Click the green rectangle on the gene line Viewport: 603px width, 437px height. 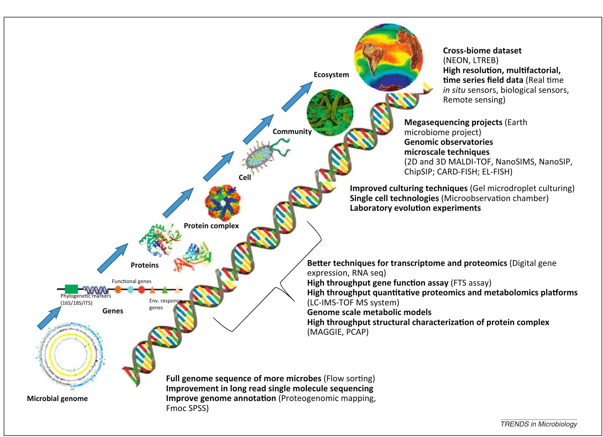point(71,289)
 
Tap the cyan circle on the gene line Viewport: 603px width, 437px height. point(130,290)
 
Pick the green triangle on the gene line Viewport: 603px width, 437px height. point(165,290)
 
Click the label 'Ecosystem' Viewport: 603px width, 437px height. point(331,75)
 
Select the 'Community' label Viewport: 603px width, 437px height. point(292,132)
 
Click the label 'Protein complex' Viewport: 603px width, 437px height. point(211,226)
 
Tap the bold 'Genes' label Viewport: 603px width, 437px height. point(113,311)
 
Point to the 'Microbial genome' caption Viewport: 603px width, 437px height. point(57,399)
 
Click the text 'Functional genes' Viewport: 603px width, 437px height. point(131,281)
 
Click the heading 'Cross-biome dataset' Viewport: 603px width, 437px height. point(482,51)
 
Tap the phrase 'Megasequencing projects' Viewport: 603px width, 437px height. point(453,123)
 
